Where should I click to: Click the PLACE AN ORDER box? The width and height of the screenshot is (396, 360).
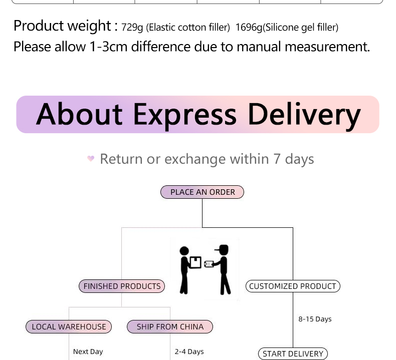[x=202, y=192]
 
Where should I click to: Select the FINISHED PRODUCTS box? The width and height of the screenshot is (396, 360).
[x=122, y=286]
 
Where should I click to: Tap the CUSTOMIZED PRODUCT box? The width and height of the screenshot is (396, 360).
[x=293, y=286]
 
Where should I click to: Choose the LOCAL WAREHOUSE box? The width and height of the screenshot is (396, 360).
[x=69, y=327]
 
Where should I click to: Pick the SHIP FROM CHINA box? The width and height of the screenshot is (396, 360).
[x=170, y=327]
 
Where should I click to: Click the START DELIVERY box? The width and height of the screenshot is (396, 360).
[x=293, y=353]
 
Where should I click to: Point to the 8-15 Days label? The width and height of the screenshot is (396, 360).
[x=315, y=319]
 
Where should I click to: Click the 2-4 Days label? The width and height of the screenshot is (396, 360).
[x=189, y=351]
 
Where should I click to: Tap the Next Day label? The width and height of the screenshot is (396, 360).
[x=88, y=351]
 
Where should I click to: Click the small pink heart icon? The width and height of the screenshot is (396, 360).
[x=91, y=159]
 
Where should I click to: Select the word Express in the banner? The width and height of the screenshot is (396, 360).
[x=184, y=115]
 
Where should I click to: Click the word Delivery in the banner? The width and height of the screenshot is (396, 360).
[x=304, y=115]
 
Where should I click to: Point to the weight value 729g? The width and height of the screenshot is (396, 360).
[x=132, y=27]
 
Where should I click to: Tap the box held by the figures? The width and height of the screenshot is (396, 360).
[x=195, y=262]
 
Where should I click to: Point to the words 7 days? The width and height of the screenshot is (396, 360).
[x=293, y=159]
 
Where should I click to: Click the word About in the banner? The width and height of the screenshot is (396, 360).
[x=79, y=115]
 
